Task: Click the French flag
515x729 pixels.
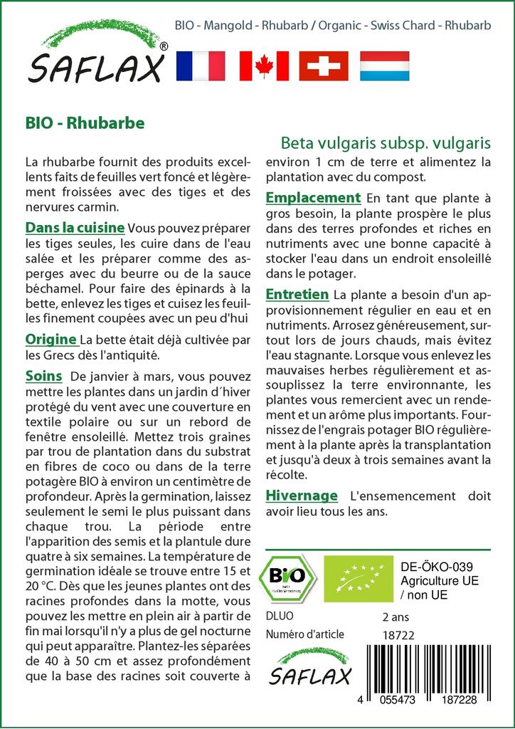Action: coord(200,65)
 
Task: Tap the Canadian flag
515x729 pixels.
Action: coord(264,65)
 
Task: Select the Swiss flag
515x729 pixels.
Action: coord(324,65)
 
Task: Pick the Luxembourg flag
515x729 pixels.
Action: coord(385,65)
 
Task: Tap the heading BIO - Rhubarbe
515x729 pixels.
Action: coord(85,122)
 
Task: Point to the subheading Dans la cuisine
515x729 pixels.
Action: coord(75,229)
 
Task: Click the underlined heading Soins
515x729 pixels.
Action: coord(43,376)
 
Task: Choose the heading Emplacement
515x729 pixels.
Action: coord(313,198)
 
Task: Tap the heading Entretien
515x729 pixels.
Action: coord(297,295)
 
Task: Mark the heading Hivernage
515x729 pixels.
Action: coord(302,495)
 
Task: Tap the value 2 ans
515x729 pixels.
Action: coord(396,617)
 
